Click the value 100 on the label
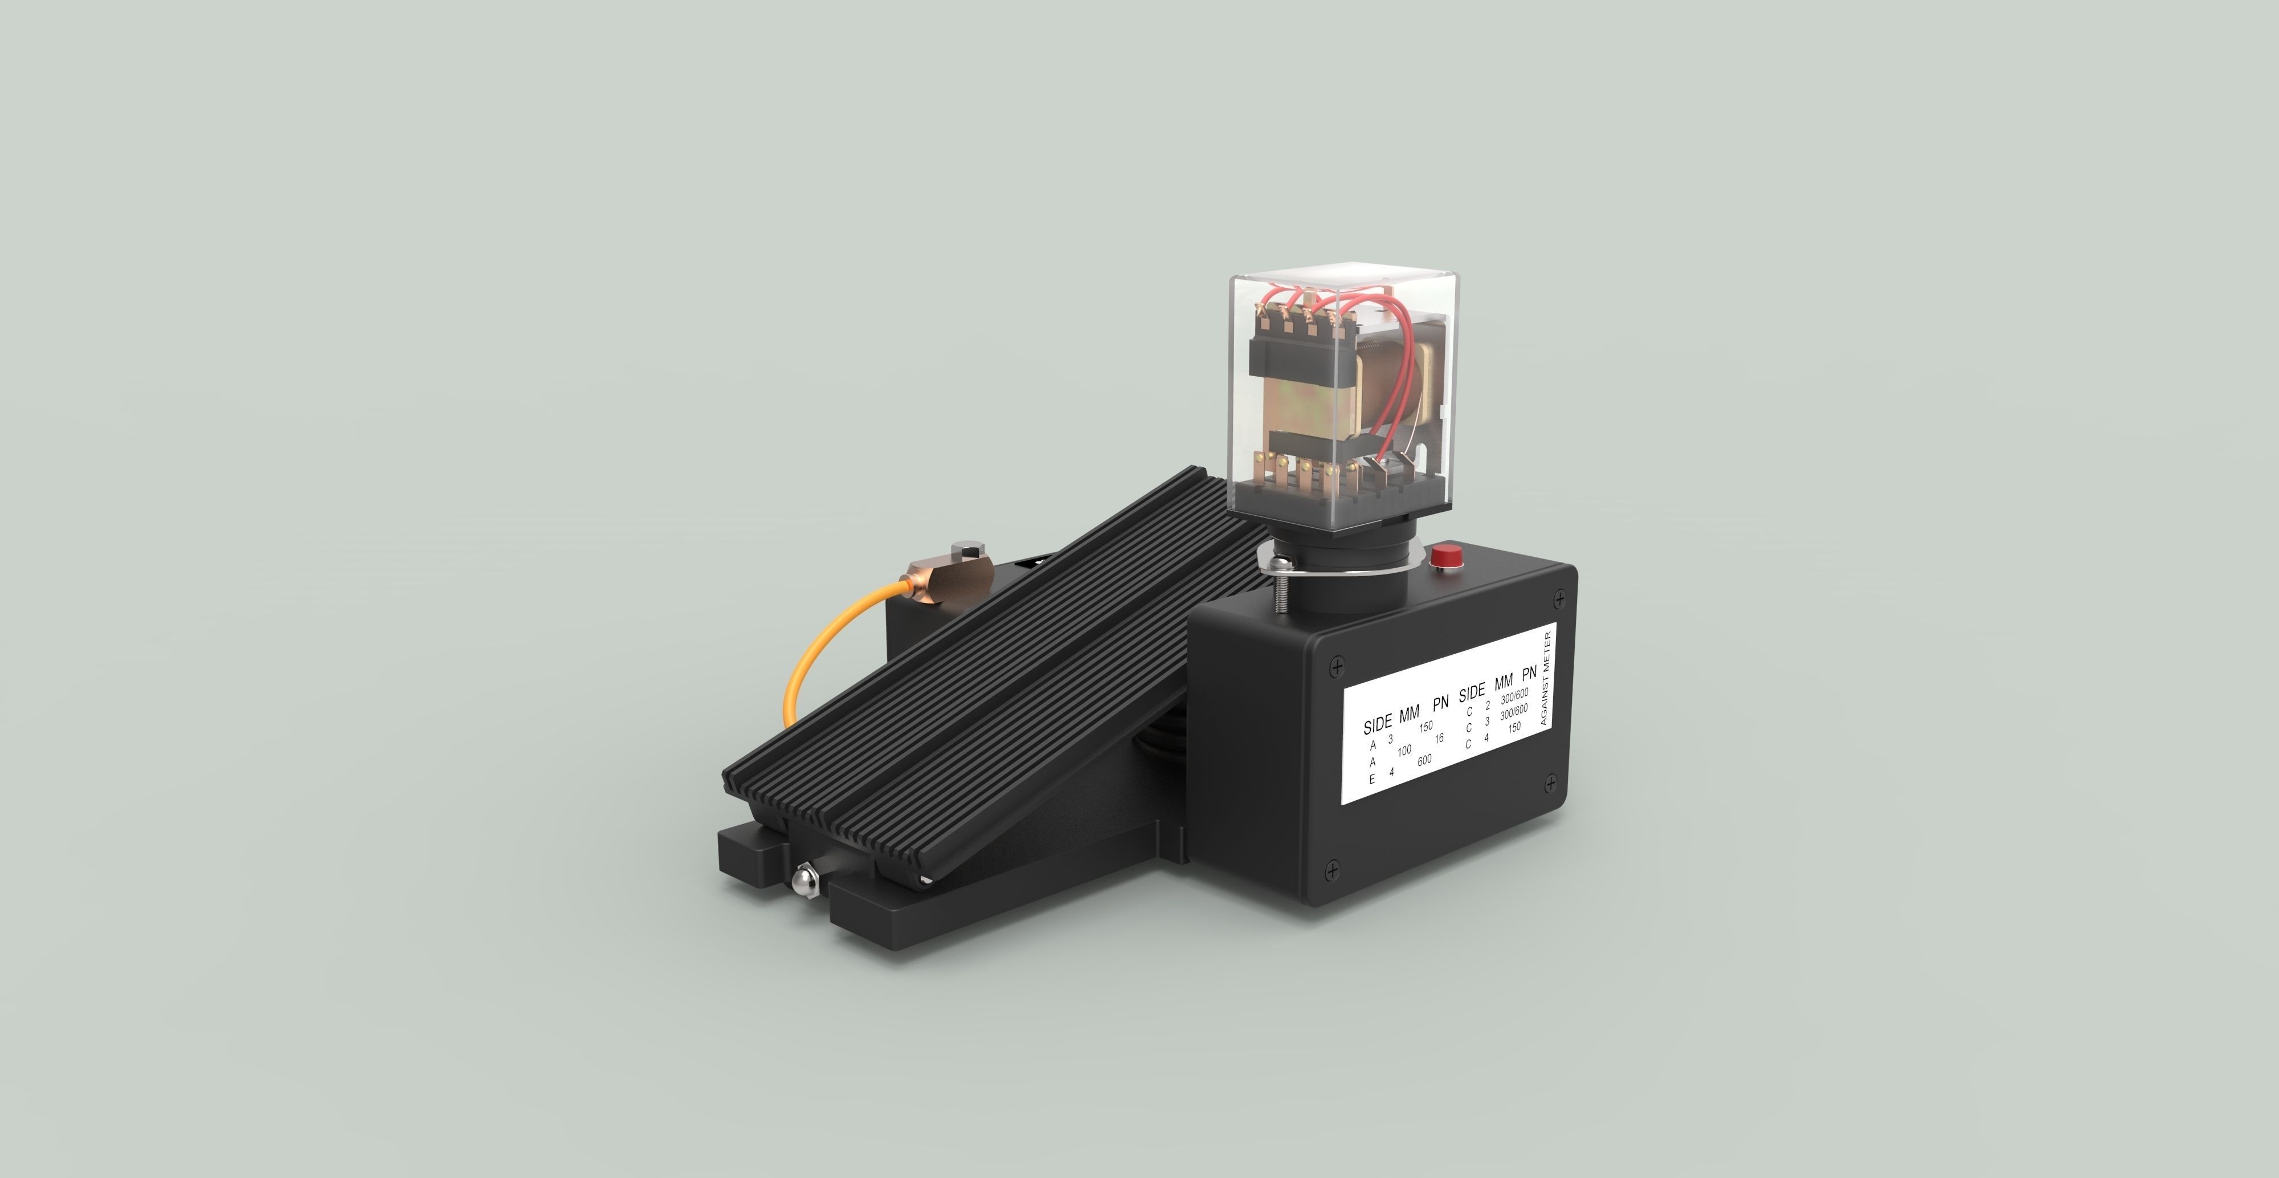[x=1404, y=751]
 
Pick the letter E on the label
[x=1372, y=780]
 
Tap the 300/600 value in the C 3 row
[x=1514, y=712]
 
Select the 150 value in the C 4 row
[x=1514, y=728]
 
